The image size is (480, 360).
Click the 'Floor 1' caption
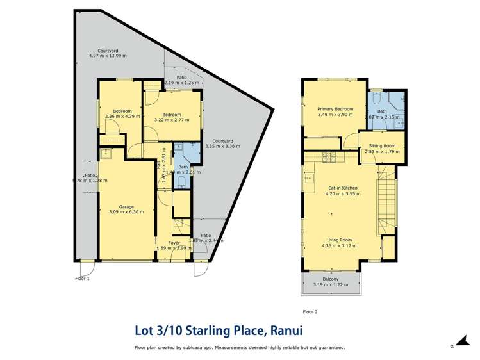coord(82,279)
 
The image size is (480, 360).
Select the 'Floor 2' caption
coord(310,312)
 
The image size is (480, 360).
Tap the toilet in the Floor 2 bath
coord(377,99)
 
